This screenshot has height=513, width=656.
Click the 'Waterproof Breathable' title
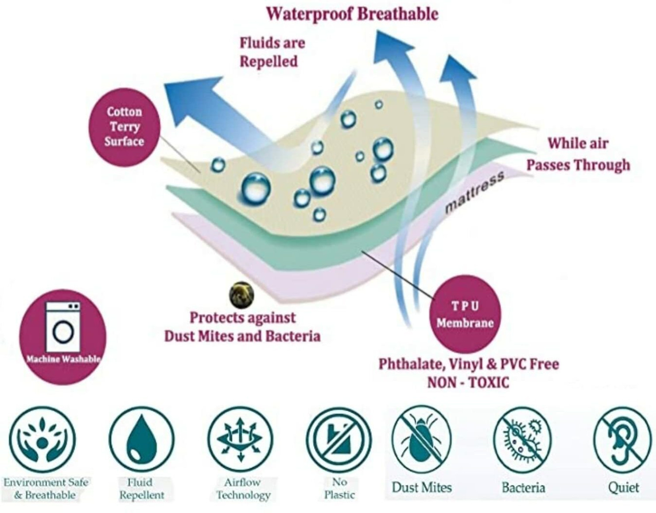(352, 14)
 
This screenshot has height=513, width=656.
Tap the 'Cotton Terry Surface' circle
(124, 127)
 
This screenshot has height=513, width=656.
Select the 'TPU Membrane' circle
(465, 316)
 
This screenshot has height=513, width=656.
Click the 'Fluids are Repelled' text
(272, 52)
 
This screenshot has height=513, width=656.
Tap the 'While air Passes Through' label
(578, 155)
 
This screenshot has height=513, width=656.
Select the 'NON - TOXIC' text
(468, 383)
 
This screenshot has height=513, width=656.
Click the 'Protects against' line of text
(243, 318)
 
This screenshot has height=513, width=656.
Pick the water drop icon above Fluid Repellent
(142, 439)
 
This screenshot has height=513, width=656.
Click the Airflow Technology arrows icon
(241, 439)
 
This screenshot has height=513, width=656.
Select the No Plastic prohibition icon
(339, 439)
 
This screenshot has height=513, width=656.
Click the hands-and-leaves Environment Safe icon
(42, 439)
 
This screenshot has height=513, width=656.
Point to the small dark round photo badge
(241, 295)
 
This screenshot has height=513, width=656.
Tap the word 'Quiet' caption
(624, 488)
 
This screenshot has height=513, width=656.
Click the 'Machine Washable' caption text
(63, 359)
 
